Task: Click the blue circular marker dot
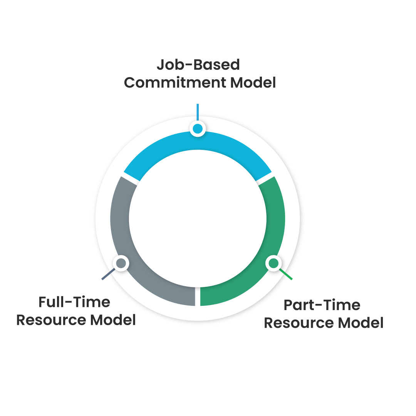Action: pos(198,129)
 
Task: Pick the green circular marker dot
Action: pos(273,263)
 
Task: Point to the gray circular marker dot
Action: pos(121,263)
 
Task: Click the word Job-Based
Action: pos(198,65)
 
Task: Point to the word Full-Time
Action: pos(74,302)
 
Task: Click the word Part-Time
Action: pos(322,305)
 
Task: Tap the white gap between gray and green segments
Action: pos(198,297)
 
